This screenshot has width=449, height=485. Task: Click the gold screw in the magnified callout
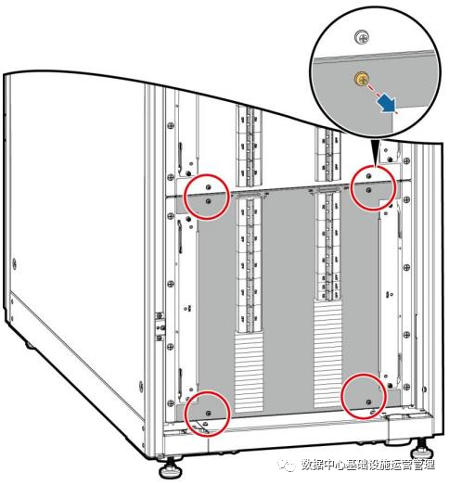pyautogui.click(x=361, y=78)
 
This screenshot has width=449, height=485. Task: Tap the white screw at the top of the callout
pyautogui.click(x=362, y=38)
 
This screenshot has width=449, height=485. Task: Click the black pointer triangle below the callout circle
pyautogui.click(x=377, y=154)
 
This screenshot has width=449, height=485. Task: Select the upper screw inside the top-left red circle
pyautogui.click(x=208, y=187)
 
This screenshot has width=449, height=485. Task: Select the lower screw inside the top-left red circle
pyautogui.click(x=208, y=201)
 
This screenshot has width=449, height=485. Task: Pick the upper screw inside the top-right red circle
pyautogui.click(x=368, y=176)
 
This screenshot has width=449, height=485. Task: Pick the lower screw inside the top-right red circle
pyautogui.click(x=368, y=189)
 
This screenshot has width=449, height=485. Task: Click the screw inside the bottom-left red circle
pyautogui.click(x=208, y=413)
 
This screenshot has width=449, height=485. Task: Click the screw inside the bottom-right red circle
pyautogui.click(x=368, y=402)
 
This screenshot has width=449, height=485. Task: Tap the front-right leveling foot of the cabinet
pyautogui.click(x=421, y=449)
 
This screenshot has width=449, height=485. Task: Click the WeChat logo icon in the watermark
pyautogui.click(x=287, y=465)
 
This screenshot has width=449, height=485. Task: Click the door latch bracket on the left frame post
pyautogui.click(x=160, y=326)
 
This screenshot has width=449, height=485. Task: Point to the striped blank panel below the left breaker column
pyautogui.click(x=249, y=373)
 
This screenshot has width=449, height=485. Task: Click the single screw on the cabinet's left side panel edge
pyautogui.click(x=14, y=264)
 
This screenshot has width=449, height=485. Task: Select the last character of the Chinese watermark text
pyautogui.click(x=429, y=465)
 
